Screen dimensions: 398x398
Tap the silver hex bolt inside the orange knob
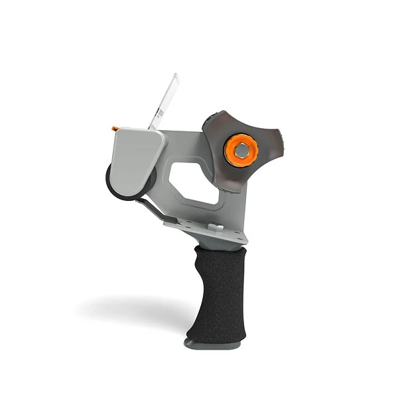tap(241, 151)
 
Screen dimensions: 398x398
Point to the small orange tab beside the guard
tap(115, 127)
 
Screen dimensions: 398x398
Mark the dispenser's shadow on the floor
tap(133, 308)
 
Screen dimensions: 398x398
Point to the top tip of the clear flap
tap(175, 75)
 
